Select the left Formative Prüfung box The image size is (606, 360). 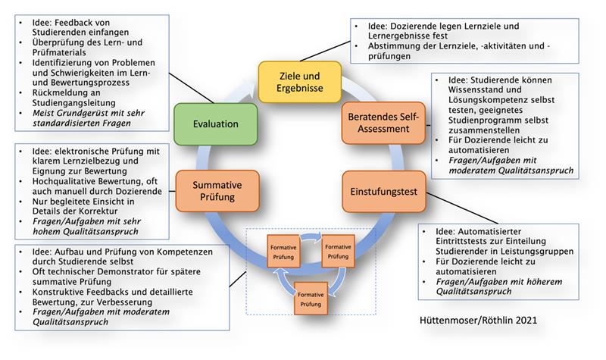tap(285, 251)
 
